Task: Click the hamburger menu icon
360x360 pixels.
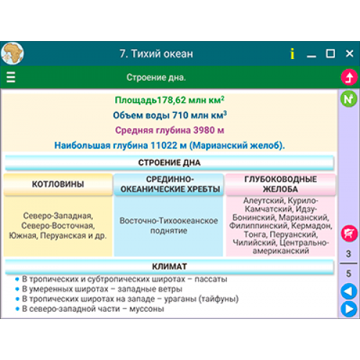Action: tap(11, 77)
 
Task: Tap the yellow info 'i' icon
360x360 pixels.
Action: tap(292, 53)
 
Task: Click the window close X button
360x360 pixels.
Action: tap(349, 53)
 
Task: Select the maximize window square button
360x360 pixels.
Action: tap(330, 53)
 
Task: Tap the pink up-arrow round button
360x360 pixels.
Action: tap(349, 77)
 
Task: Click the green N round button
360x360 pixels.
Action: tap(348, 99)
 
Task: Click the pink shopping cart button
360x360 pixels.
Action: tap(349, 233)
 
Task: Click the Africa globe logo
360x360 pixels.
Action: tap(12, 53)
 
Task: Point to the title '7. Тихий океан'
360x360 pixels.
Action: tap(156, 54)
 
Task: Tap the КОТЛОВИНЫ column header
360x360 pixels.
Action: tap(58, 184)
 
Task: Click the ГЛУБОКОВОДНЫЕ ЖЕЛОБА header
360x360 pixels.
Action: tap(280, 184)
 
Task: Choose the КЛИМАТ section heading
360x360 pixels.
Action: tap(169, 266)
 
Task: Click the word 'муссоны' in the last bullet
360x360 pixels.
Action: tap(147, 309)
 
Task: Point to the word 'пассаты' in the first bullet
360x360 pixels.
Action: tap(211, 279)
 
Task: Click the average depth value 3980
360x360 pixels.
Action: tap(204, 130)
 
